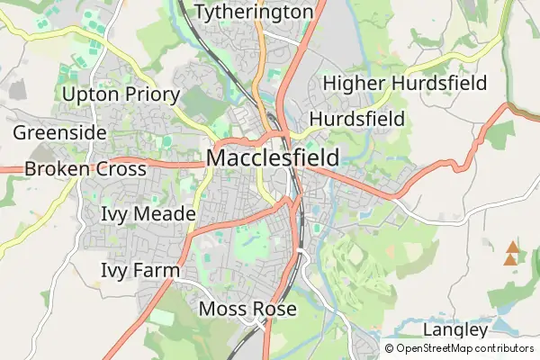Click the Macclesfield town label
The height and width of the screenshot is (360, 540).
(x=273, y=158)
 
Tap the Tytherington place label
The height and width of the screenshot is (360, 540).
(x=254, y=12)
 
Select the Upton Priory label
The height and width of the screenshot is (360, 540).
(x=121, y=94)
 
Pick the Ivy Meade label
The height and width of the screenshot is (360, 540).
(x=148, y=214)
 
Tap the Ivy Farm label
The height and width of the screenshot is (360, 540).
(x=140, y=270)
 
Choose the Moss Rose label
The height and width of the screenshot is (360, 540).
(x=247, y=310)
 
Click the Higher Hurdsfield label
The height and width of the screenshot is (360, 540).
(x=405, y=84)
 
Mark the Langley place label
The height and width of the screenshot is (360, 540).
(x=454, y=329)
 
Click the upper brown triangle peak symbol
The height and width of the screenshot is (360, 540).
(x=512, y=247)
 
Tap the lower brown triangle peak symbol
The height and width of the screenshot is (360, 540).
(x=512, y=259)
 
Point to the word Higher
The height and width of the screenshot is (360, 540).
(x=355, y=84)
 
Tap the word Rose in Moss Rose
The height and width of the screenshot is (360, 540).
(x=274, y=310)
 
